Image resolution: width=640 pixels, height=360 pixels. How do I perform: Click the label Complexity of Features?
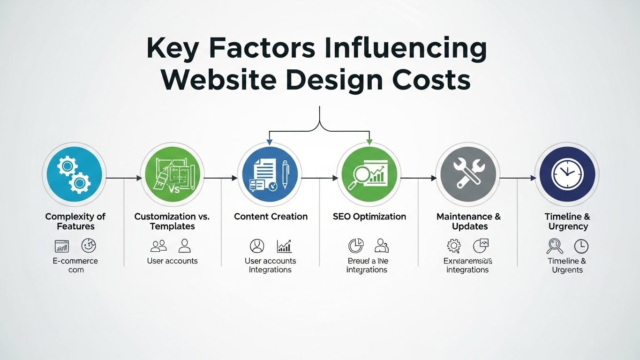(75, 221)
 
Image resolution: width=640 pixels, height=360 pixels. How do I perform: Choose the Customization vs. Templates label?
(172, 221)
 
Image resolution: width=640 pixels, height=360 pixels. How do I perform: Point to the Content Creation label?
(271, 217)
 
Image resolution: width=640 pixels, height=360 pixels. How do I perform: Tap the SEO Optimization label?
(369, 217)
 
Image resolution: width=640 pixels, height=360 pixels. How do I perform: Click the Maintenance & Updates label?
(468, 221)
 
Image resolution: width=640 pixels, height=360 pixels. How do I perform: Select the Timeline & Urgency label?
(567, 221)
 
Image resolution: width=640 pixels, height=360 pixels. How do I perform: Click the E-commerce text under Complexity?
(75, 261)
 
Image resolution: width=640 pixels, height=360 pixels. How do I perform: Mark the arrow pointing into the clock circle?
(519, 178)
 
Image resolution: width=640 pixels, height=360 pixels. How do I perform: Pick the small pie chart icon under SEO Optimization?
(355, 246)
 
